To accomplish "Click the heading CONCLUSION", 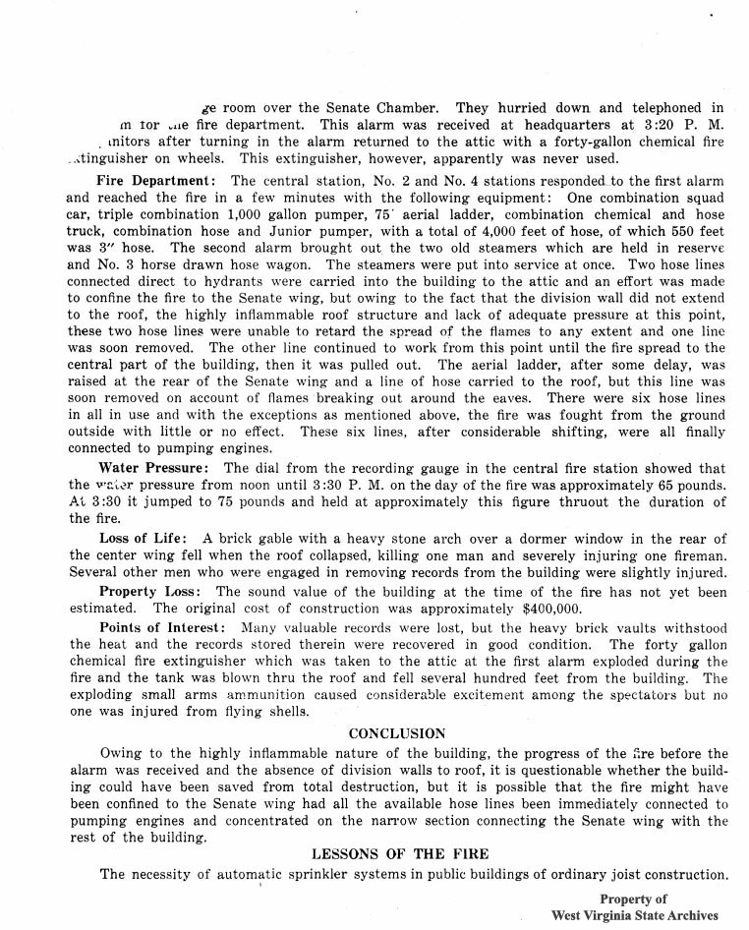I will (396, 733).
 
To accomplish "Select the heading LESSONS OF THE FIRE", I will (400, 853).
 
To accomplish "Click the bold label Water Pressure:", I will (153, 468).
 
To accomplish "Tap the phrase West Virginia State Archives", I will (634, 915).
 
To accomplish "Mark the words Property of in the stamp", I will (633, 899).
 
